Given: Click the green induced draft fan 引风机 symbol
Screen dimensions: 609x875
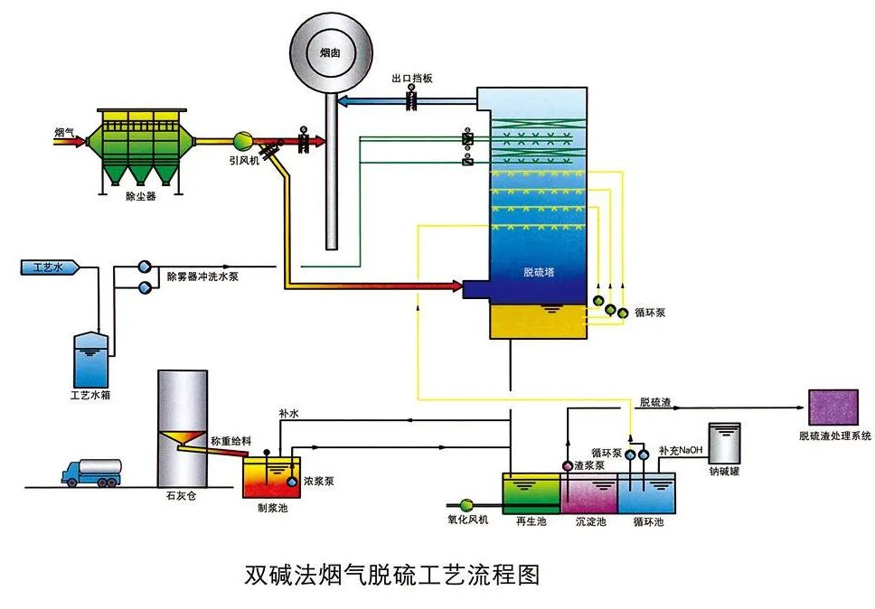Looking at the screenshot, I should [x=244, y=141].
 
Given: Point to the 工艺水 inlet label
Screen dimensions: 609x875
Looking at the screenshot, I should [x=46, y=267].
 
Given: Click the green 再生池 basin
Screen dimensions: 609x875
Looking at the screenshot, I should [x=532, y=493].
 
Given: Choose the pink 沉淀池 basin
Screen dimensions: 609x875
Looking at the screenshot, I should [x=589, y=493].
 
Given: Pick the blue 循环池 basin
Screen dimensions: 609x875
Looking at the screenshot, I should [x=646, y=493].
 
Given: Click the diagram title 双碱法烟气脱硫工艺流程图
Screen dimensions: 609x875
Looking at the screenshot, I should [x=392, y=575].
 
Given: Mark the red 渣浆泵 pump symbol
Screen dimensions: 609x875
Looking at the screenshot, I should [x=568, y=465].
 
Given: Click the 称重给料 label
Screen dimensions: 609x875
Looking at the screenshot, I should [x=230, y=441].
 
